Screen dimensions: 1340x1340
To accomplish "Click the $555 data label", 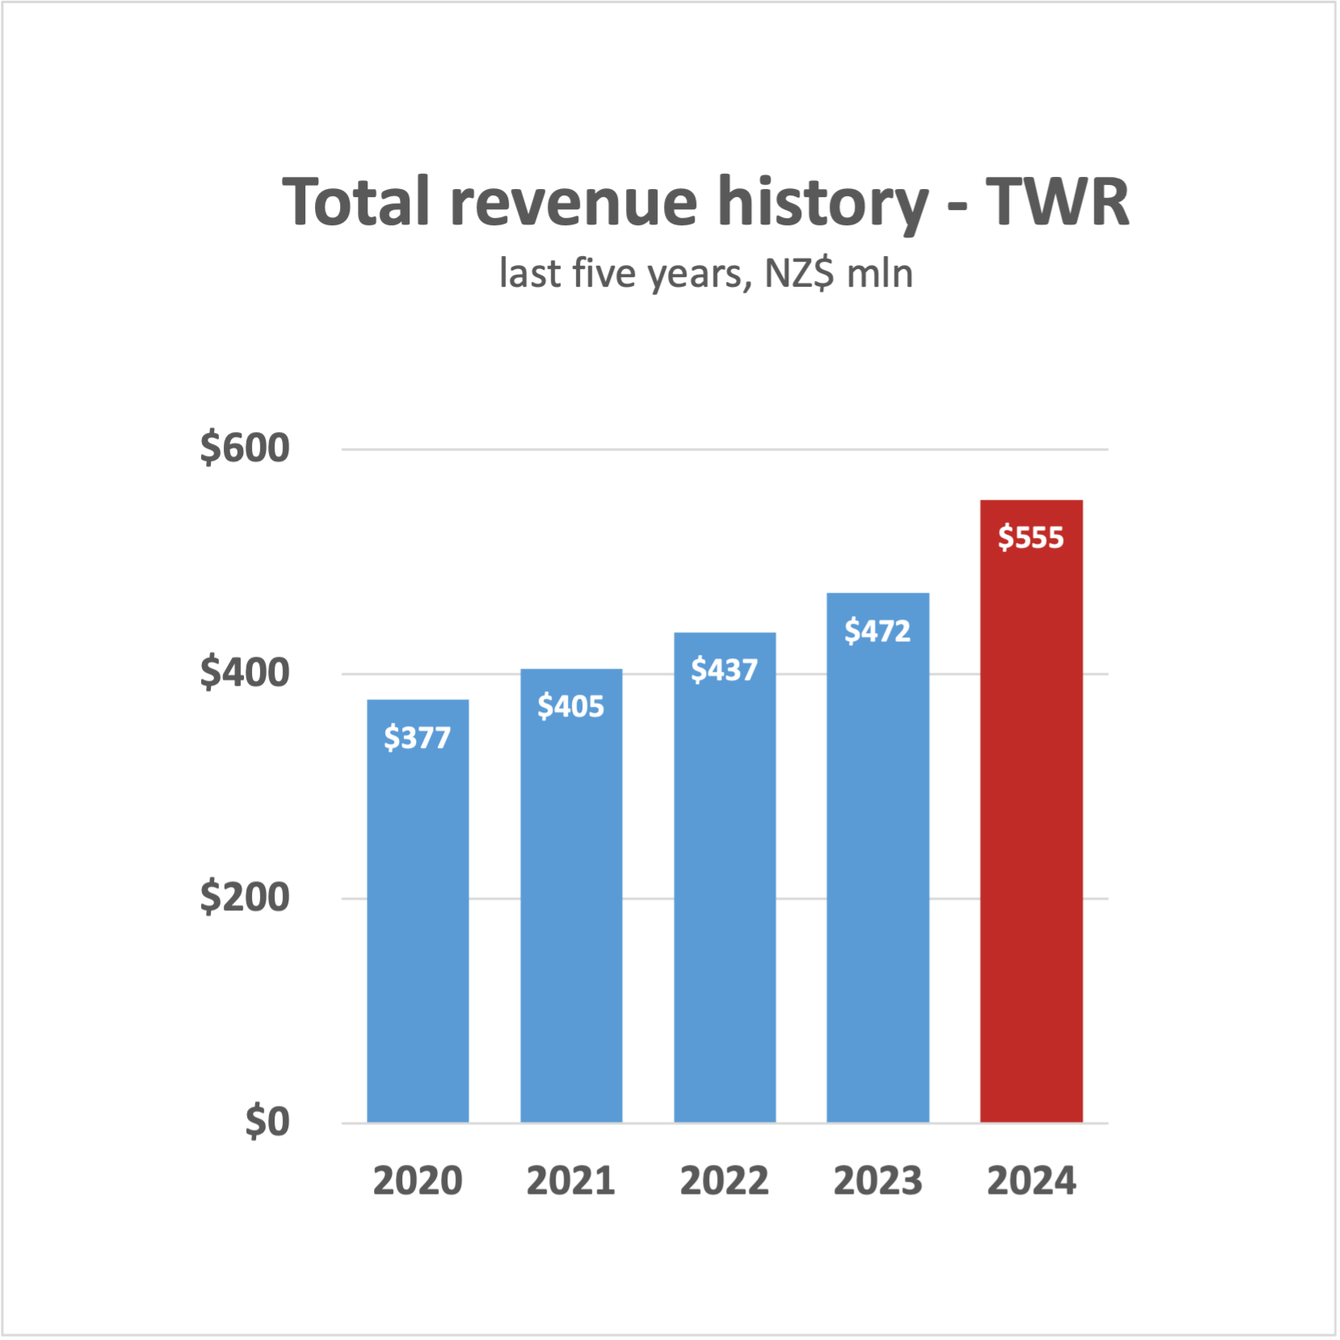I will click(x=1031, y=537).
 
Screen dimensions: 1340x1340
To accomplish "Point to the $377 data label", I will click(x=418, y=737).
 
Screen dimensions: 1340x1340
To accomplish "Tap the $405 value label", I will click(x=571, y=707).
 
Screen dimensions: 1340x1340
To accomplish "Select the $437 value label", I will click(x=725, y=670).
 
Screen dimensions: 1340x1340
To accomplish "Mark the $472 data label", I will click(x=878, y=631).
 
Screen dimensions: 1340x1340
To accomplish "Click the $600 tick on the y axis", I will click(x=245, y=448).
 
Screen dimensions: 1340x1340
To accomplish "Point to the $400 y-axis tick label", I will click(x=245, y=673).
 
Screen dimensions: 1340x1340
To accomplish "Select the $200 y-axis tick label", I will click(x=245, y=897).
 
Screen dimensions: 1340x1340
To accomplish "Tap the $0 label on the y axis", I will click(x=267, y=1122).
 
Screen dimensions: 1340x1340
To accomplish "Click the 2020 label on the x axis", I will click(x=418, y=1181).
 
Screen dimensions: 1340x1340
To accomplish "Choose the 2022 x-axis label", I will click(x=725, y=1181).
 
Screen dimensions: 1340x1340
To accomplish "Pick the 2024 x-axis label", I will click(x=1031, y=1181).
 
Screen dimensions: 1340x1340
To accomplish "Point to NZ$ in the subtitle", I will click(x=799, y=274).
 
